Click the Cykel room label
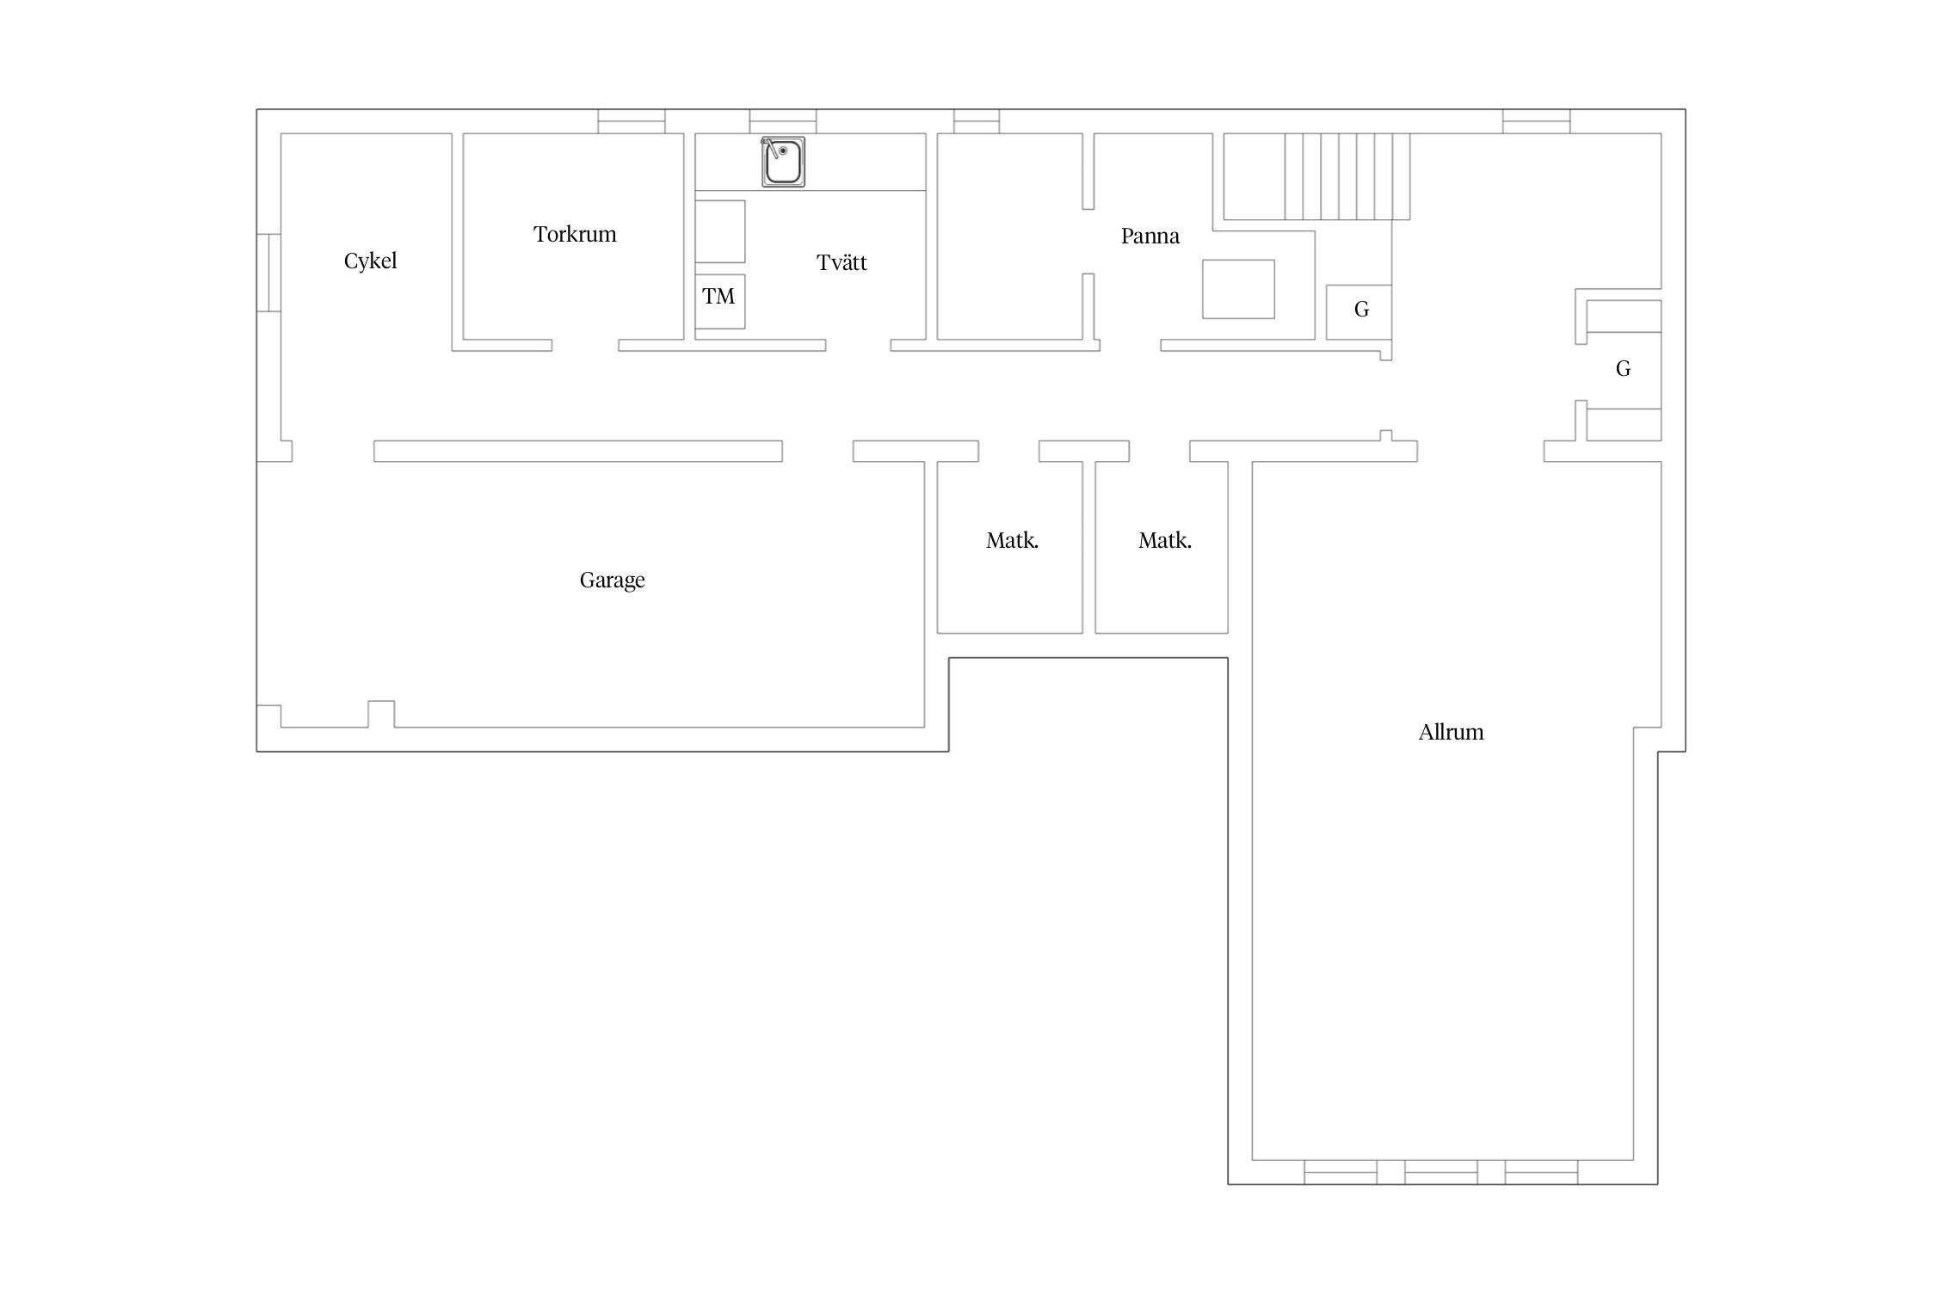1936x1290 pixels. point(370,261)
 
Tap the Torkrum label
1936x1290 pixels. point(575,234)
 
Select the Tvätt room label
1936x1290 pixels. point(842,262)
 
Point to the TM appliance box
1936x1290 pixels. point(720,301)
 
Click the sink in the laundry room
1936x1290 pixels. point(783,162)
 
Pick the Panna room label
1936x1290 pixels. point(1150,236)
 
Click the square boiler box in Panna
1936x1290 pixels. point(1238,289)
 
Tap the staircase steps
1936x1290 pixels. point(1347,176)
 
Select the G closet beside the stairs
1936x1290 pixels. point(1359,311)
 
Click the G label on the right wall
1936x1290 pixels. point(1623,369)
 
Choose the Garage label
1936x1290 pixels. point(612,580)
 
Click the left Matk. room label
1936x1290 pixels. point(1012,541)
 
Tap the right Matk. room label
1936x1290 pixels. point(1165,541)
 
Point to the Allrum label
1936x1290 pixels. point(1451,732)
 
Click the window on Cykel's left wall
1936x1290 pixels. point(268,273)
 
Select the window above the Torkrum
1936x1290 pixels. point(632,121)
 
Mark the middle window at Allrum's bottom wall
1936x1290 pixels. point(1441,1172)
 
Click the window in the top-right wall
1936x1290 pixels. point(1536,121)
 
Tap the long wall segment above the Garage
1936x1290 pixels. point(578,451)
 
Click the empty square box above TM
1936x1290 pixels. point(720,231)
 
